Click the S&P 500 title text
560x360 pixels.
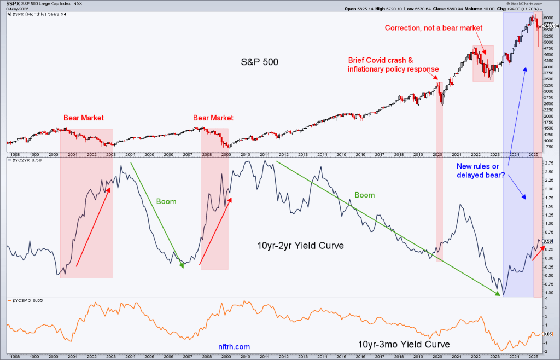coord(260,62)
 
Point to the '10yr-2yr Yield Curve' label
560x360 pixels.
coord(301,246)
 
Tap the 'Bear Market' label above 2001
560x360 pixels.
coord(83,118)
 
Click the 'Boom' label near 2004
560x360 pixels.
coord(166,201)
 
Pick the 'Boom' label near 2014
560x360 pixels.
coord(365,195)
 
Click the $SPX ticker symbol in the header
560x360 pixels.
coord(14,3)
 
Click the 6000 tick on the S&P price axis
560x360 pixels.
coord(548,18)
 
